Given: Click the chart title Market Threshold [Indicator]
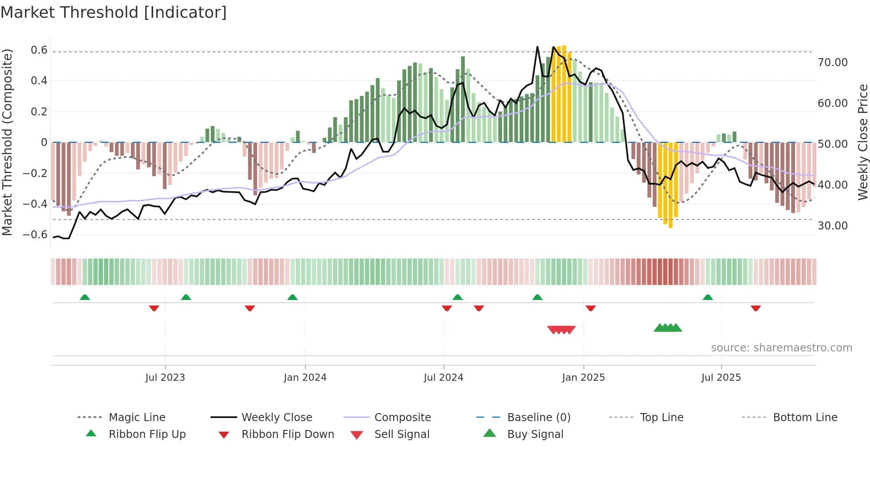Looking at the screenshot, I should point(114,12).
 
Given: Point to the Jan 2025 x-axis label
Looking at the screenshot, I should point(583,378).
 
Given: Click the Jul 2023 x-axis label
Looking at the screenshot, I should point(165,378).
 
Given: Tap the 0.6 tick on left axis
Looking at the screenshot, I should point(39,50).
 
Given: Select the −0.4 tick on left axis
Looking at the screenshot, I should point(35,204).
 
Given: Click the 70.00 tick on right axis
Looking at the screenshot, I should point(832,63).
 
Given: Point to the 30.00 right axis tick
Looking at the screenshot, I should point(832,226).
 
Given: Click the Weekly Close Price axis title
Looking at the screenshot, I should point(862,142).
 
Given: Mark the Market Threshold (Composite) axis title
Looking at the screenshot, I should point(7,142).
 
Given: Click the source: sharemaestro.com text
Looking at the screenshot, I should point(781,348).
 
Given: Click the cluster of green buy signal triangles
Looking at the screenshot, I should point(668,328).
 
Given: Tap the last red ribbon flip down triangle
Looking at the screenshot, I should point(755,308).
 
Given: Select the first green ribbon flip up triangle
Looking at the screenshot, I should point(85,297).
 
